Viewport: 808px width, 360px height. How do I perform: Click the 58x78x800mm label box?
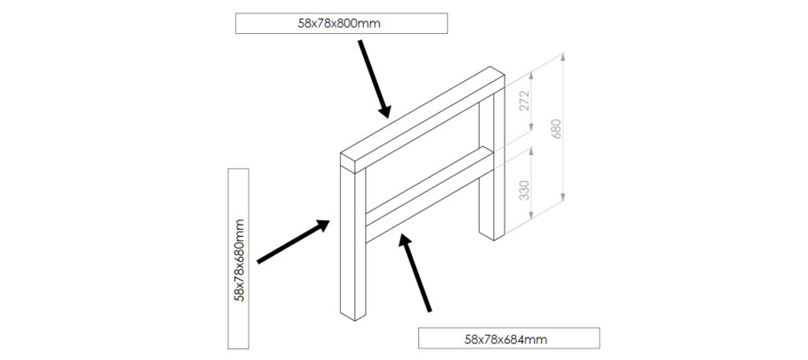[x=341, y=23]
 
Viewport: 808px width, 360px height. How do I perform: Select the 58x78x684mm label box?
[x=509, y=338]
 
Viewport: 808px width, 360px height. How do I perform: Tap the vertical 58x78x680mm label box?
[x=238, y=258]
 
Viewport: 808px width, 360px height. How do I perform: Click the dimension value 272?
[x=524, y=100]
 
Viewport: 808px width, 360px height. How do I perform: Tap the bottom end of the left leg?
[x=353, y=315]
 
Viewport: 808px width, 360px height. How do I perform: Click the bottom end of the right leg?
[x=492, y=235]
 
